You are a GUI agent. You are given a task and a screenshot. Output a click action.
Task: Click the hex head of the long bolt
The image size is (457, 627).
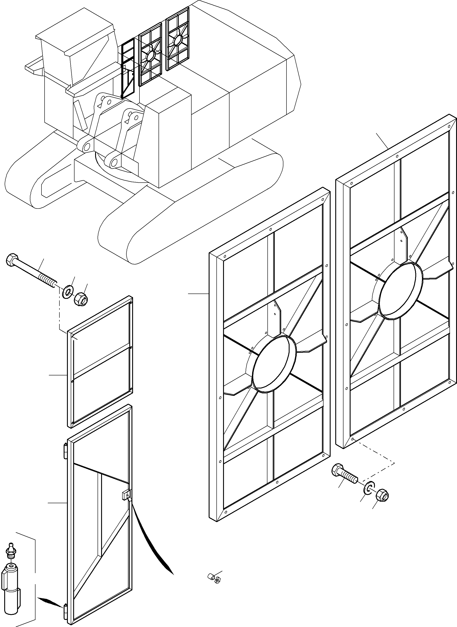11,260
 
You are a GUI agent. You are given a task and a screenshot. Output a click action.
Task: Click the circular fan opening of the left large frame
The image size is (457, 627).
274,364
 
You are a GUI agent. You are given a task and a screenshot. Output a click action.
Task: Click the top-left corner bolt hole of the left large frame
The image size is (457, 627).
225,256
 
